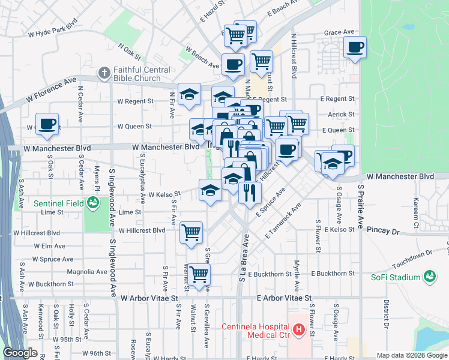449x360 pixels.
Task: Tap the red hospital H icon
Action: point(299,329)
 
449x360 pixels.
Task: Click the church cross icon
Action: point(105,74)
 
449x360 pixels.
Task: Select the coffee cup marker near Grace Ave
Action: point(355,46)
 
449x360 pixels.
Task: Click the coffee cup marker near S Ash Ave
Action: point(47,124)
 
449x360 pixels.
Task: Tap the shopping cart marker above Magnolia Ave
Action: point(199,274)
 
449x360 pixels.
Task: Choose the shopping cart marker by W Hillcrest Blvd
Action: point(191,232)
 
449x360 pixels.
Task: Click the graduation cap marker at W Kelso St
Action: point(210,190)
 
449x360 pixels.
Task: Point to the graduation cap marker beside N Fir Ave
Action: point(189,94)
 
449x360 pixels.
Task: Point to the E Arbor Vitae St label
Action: point(284,298)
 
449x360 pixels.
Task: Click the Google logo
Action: point(20,353)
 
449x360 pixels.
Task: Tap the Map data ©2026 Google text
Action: point(411,355)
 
